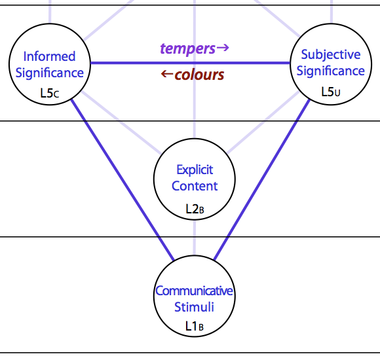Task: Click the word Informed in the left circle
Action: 49,56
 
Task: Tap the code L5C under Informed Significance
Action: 50,93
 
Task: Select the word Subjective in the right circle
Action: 331,55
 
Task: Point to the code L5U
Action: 331,92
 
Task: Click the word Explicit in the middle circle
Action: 195,170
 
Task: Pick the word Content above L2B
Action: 195,186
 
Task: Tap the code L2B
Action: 195,209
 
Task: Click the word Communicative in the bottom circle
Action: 194,291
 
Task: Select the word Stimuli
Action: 194,307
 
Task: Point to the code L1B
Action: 195,326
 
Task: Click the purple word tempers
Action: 187,48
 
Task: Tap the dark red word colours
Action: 199,75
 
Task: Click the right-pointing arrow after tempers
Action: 223,48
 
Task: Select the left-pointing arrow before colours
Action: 167,74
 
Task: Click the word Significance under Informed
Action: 49,73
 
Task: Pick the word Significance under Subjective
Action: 331,71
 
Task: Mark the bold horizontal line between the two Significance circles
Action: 190,63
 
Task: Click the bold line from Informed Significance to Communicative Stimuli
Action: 123,180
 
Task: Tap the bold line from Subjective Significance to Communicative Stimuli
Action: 261,179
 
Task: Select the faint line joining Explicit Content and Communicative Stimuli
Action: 195,238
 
